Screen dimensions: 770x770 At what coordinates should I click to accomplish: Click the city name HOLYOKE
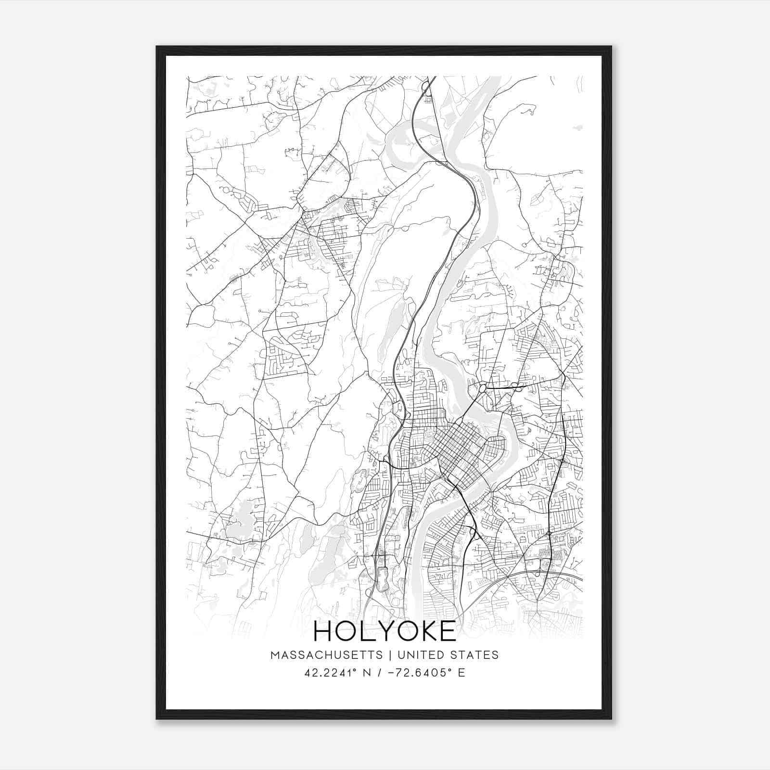click(x=385, y=631)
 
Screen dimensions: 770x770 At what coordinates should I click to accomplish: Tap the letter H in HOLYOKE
click(x=323, y=631)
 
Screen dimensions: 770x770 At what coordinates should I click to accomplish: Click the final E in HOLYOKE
click(x=448, y=631)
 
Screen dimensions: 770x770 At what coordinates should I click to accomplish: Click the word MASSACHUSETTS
click(x=327, y=655)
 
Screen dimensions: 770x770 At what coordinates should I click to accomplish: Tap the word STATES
click(x=474, y=655)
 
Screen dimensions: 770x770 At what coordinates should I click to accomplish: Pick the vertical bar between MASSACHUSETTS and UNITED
click(x=388, y=655)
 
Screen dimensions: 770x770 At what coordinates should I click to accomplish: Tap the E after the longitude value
click(x=462, y=673)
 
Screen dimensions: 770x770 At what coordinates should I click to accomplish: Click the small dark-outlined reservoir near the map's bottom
click(x=383, y=577)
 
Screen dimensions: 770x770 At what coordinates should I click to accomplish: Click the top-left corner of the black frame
click(x=157, y=47)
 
